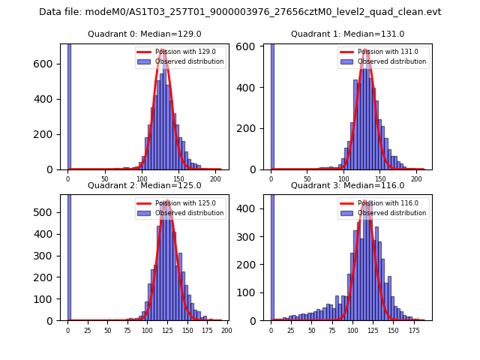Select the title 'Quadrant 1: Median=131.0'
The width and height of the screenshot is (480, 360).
tap(347, 34)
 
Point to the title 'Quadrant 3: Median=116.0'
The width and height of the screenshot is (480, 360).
tap(347, 185)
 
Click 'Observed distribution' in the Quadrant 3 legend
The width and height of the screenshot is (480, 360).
tap(392, 213)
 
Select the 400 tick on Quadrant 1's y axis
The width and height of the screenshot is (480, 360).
tap(252, 88)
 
